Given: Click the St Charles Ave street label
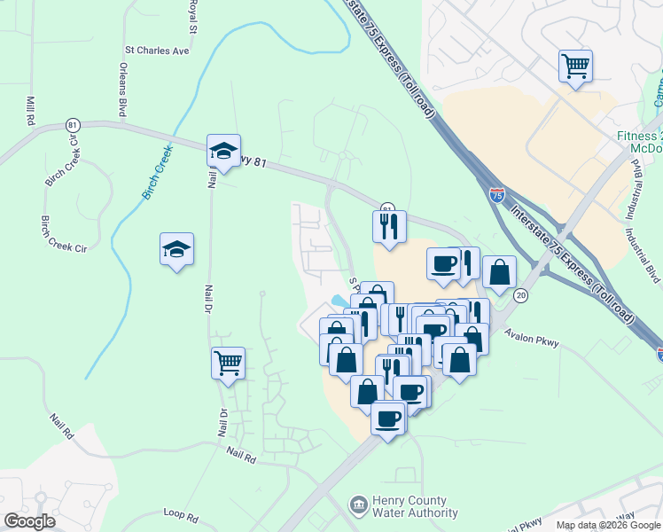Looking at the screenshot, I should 158,51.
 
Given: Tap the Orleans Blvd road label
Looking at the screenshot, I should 122,90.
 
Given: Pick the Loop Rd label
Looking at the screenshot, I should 185,512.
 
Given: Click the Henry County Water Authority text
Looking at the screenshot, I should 416,507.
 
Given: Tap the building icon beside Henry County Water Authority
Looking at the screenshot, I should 359,506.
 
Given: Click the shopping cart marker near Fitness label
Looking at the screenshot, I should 575,66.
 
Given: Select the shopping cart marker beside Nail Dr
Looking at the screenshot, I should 228,362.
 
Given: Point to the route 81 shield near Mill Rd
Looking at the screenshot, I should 72,126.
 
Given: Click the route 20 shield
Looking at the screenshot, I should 521,295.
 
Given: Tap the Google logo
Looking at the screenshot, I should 29,521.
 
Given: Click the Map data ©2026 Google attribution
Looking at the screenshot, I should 608,525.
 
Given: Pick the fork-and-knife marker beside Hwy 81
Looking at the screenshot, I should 388,226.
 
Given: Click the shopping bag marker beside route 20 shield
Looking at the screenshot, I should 500,272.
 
